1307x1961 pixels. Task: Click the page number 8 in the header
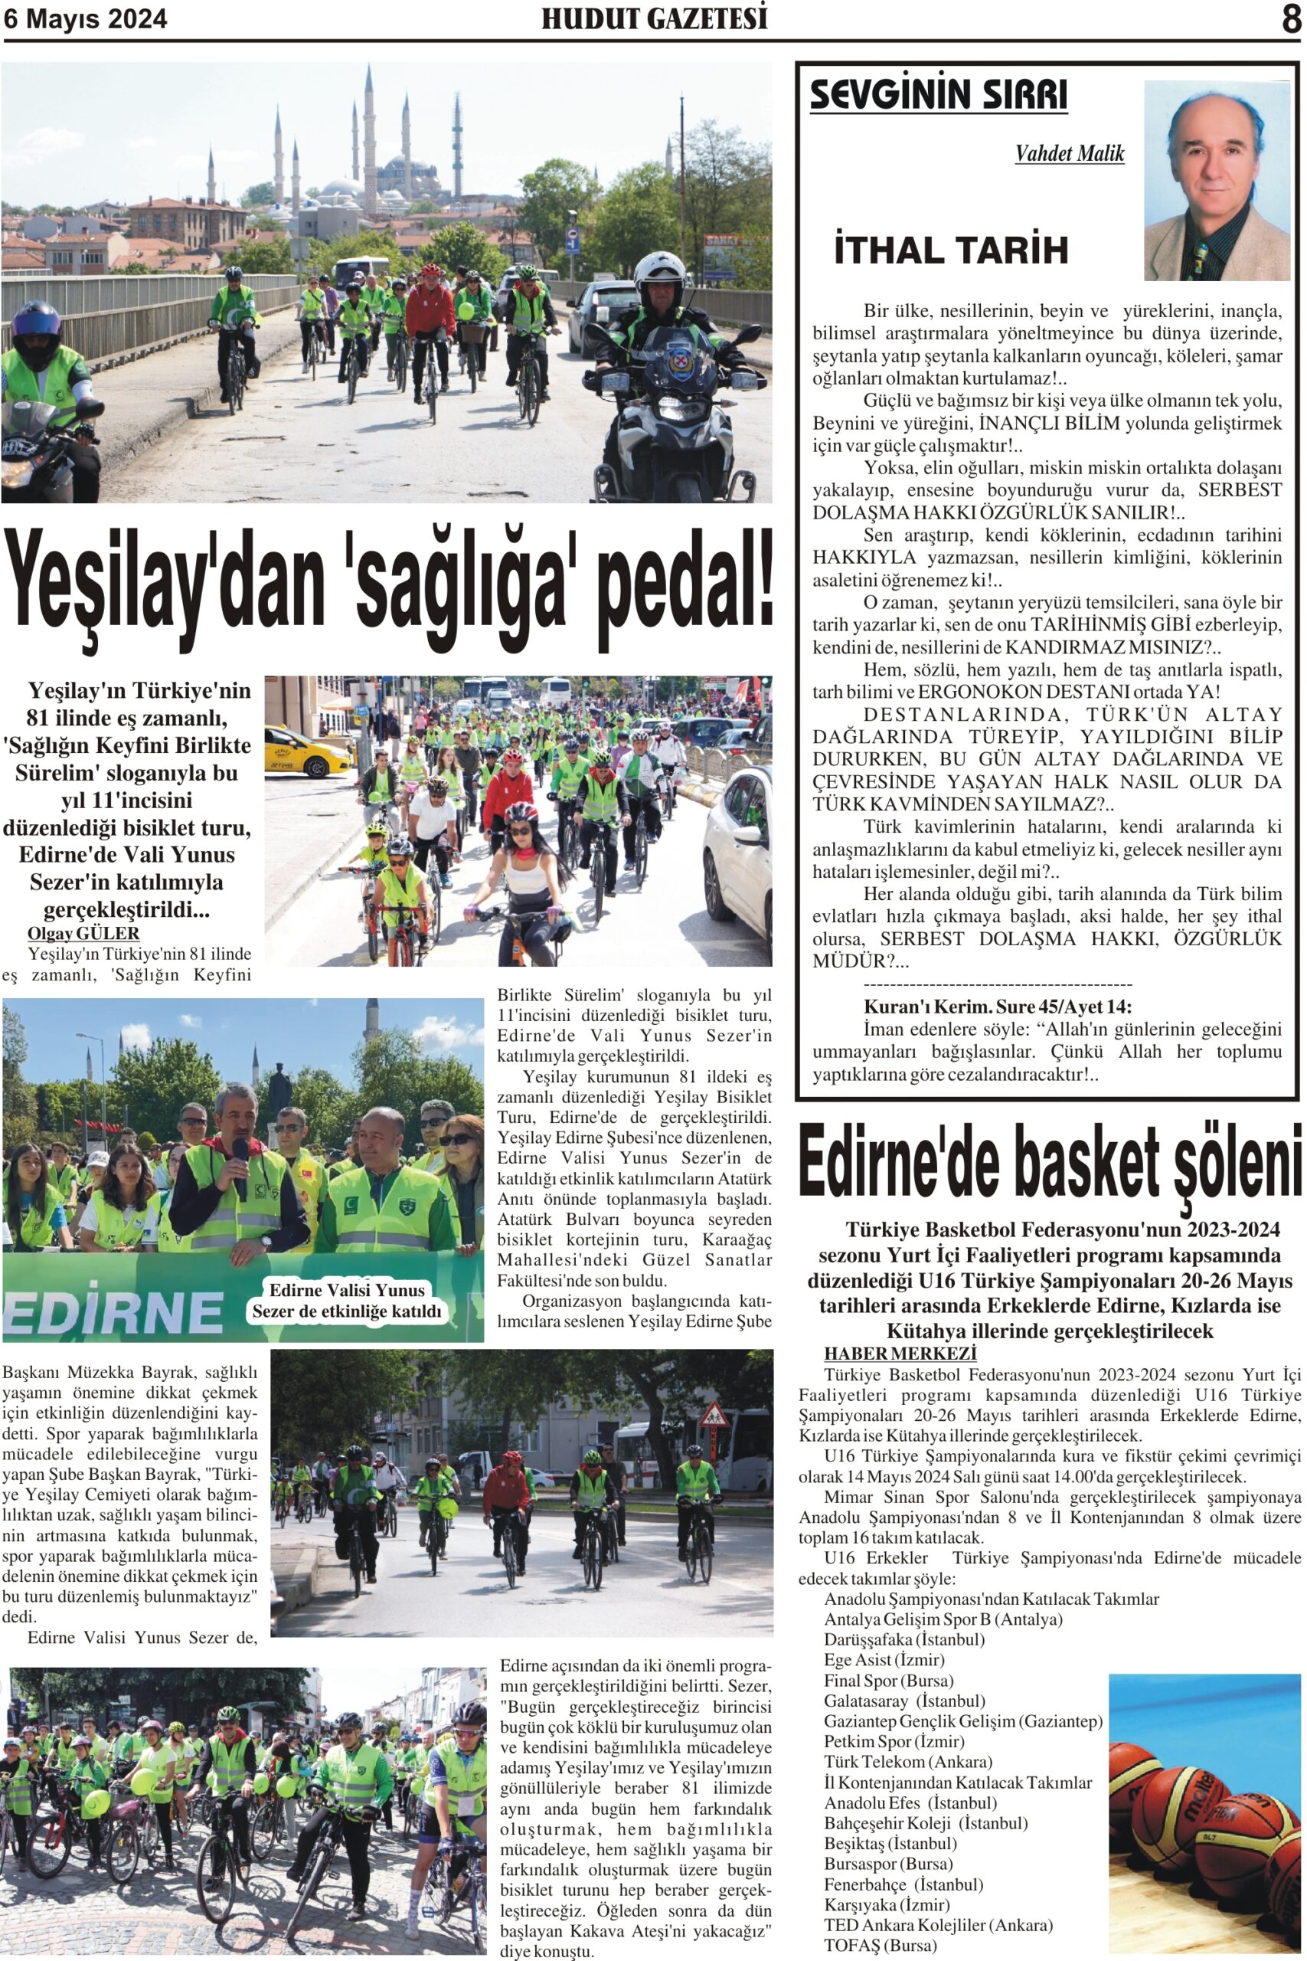[x=1290, y=18]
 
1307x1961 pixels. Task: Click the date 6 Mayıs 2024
[x=85, y=18]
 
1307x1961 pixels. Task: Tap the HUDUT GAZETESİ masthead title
[x=655, y=18]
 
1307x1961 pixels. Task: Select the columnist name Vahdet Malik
[x=1070, y=153]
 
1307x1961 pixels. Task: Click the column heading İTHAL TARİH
[x=951, y=250]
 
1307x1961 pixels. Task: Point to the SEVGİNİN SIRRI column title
[x=939, y=95]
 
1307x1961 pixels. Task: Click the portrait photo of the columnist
[x=1216, y=180]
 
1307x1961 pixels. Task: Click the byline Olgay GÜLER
[x=83, y=933]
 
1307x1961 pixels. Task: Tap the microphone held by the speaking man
[x=240, y=1163]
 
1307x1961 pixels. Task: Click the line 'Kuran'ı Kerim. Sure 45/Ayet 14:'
[x=997, y=1007]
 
